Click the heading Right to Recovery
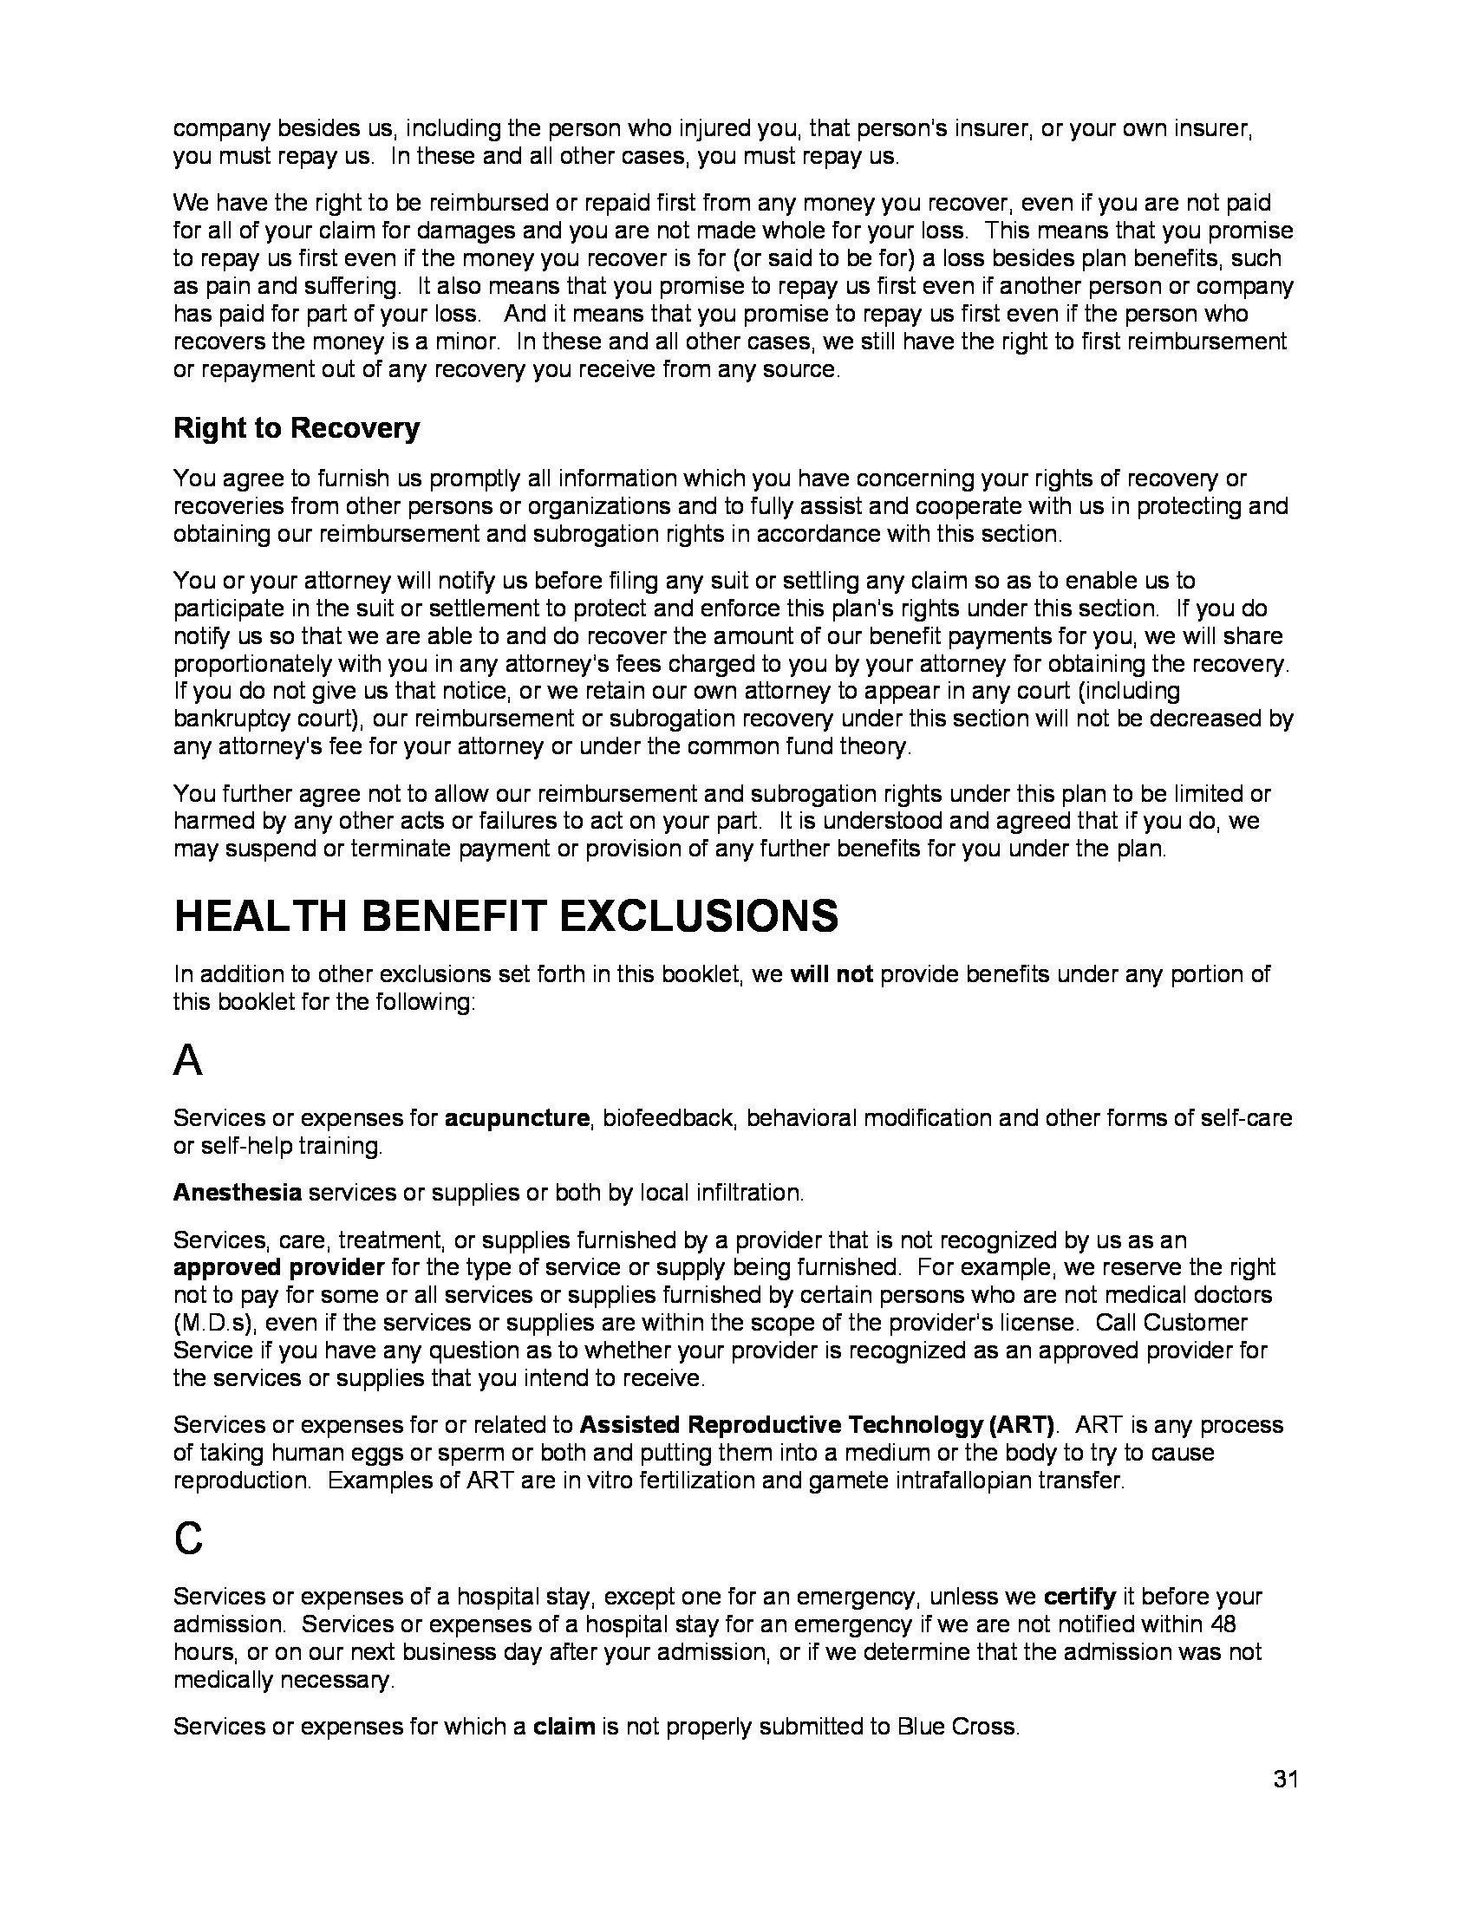[x=296, y=428]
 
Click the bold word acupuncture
[x=517, y=1117]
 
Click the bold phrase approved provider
[x=278, y=1267]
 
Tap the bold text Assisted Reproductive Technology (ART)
[x=818, y=1425]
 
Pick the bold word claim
[x=564, y=1726]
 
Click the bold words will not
[x=832, y=974]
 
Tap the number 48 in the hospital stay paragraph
[x=1225, y=1624]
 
